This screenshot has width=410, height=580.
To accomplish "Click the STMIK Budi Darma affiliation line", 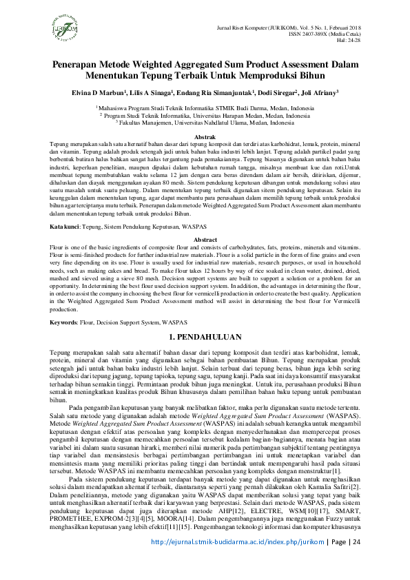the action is point(205,109).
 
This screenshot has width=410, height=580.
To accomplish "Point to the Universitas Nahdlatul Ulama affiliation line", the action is point(205,123).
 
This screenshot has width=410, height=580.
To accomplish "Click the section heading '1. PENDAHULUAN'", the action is point(205,338).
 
